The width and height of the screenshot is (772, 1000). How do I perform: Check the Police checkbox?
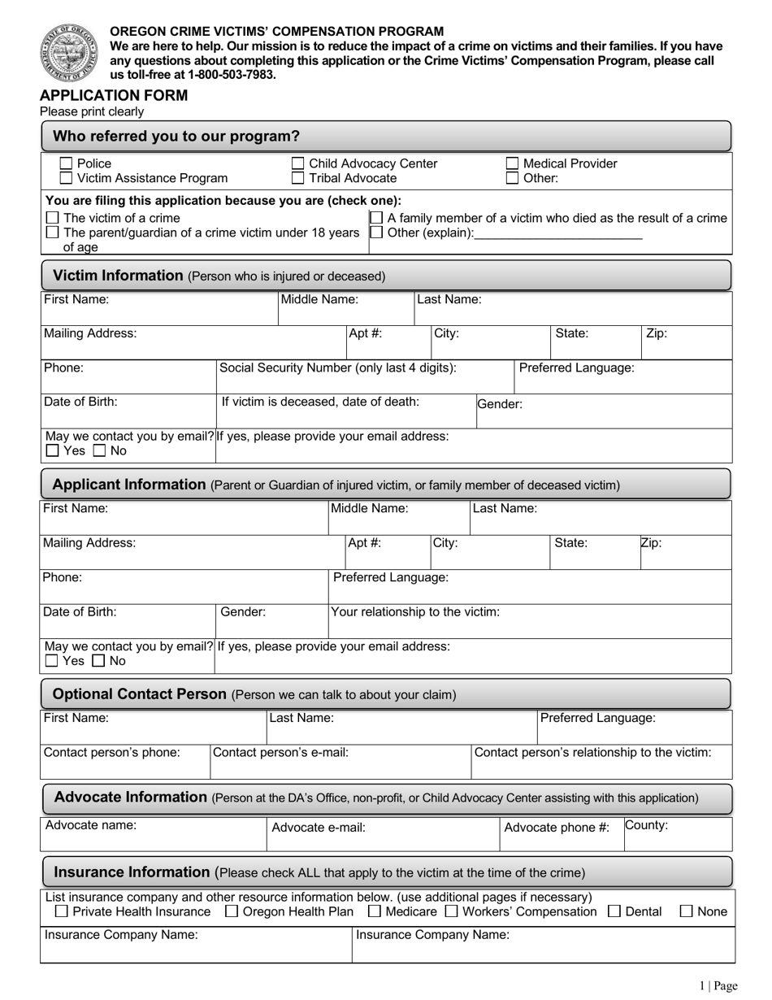coord(67,163)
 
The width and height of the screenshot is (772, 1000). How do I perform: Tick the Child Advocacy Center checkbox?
coord(298,163)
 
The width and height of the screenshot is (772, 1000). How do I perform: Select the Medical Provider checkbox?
coord(513,163)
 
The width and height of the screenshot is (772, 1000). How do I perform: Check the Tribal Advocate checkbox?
coord(298,178)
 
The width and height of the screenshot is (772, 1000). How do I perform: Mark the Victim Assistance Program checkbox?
coord(67,178)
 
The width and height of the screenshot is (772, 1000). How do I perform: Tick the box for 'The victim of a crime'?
coord(53,218)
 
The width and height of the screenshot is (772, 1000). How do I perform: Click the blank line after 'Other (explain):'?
coord(558,233)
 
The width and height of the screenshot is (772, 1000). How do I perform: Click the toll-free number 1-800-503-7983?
coord(232,75)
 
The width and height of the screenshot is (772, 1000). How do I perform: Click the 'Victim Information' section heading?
coord(118,276)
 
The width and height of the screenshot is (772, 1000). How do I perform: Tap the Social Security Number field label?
coord(337,367)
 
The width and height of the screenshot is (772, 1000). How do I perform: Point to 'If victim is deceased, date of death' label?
coord(320,402)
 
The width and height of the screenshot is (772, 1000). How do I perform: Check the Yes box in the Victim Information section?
coord(53,450)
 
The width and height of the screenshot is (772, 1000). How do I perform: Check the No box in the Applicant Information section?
coord(99,661)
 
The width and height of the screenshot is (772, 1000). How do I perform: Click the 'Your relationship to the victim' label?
coord(415,611)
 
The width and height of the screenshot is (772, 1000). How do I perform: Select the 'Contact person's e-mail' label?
coord(280,752)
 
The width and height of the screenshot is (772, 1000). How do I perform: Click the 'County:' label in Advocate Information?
coord(646,825)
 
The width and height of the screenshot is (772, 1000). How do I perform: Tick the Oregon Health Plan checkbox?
coord(231,911)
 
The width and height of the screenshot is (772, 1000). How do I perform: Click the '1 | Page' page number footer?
coord(718,986)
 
